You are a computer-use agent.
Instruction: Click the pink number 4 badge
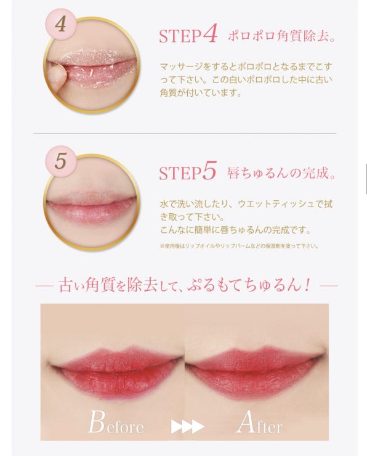click(60, 25)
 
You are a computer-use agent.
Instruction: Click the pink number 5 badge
click(60, 161)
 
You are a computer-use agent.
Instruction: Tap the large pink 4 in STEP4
click(210, 35)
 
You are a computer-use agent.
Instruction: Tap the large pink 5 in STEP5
click(209, 171)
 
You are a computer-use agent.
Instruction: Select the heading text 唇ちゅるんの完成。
click(281, 173)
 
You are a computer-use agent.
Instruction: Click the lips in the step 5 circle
click(91, 205)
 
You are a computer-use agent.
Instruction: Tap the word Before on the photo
click(116, 422)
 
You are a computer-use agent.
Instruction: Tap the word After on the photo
click(259, 422)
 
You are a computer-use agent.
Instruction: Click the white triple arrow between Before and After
click(187, 426)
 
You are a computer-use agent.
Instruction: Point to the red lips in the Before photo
click(116, 369)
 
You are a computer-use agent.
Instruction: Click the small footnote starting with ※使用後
click(239, 246)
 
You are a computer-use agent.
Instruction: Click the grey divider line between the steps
click(185, 134)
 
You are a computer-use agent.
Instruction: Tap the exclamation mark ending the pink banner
click(307, 285)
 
